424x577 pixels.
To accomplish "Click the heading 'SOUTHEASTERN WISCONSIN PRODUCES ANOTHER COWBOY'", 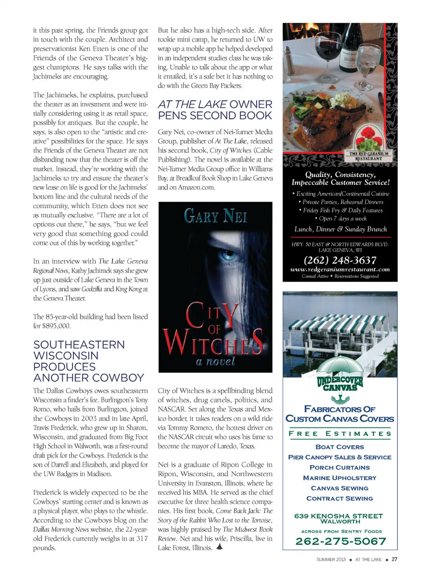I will coord(88,361).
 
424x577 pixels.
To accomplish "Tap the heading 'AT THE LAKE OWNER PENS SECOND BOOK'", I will coord(215,110).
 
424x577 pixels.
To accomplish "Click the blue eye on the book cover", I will coord(228,255).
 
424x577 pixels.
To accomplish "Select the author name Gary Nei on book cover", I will coord(215,216).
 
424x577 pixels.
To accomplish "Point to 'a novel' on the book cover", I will coord(215,361).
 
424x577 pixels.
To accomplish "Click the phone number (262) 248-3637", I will coord(340,260).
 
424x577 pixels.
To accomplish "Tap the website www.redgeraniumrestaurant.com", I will coord(340,269).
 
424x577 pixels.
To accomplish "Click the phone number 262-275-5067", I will coord(340,541).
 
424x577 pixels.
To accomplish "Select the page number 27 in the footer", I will coord(394,559).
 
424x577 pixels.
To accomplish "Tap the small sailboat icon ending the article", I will coord(220,547).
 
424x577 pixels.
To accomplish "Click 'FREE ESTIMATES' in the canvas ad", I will coord(340,434).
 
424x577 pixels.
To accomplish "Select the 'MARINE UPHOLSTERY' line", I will coord(340,478).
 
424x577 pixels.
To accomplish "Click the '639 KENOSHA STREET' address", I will coord(339,516).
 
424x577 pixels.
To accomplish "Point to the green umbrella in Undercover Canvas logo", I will coord(340,365).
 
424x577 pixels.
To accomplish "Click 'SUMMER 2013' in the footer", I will coord(331,560).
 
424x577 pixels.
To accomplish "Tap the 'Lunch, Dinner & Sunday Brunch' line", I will coord(340,229).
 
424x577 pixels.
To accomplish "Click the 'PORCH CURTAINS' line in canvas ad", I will coord(340,467).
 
